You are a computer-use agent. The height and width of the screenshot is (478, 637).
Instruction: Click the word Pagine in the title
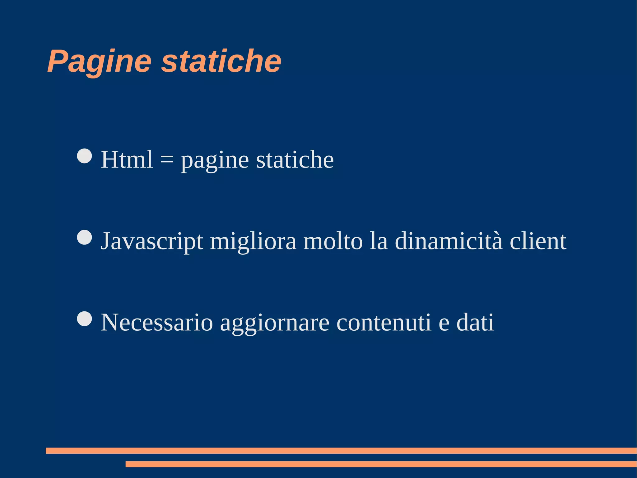[99, 61]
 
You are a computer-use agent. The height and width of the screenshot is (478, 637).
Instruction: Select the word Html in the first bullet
[127, 159]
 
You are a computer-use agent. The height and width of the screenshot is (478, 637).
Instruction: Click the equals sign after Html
[167, 160]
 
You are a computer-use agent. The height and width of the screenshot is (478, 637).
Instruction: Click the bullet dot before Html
[84, 156]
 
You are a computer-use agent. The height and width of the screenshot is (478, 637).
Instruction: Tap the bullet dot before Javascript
[84, 237]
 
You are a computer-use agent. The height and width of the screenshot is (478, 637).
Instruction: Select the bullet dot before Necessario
[84, 319]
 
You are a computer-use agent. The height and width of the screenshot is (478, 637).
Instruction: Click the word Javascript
[152, 242]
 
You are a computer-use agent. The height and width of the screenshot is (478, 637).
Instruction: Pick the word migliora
[253, 242]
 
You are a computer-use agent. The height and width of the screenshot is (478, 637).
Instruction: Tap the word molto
[333, 241]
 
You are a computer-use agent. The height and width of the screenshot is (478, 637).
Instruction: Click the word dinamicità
[449, 241]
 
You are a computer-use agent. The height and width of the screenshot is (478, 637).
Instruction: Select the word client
[538, 241]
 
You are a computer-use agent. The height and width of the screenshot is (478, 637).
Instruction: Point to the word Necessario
[157, 323]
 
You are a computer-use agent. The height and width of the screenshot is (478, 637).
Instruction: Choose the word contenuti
[384, 323]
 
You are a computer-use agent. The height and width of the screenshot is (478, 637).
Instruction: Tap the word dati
[475, 323]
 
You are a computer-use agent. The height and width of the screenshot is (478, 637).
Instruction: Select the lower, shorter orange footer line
[381, 464]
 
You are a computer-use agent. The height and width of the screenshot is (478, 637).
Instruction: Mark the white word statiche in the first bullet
[295, 159]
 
